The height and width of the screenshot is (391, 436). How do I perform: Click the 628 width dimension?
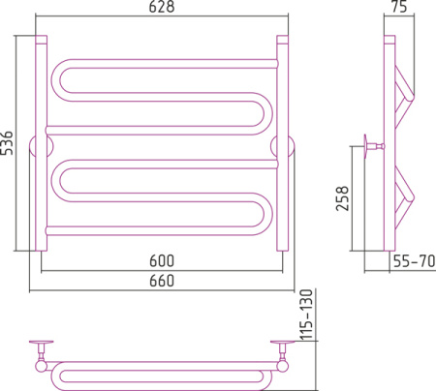(x=162, y=7)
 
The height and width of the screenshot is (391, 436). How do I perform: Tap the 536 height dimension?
(x=7, y=143)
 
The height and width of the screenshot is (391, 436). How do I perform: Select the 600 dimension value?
(x=162, y=260)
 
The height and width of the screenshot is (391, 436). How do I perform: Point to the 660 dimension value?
(x=162, y=281)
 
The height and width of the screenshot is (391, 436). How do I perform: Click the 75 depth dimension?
(x=399, y=7)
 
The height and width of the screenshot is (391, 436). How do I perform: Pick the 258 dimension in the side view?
(x=343, y=198)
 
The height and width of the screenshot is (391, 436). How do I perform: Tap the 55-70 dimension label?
(x=414, y=260)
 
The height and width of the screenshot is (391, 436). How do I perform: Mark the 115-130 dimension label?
(x=307, y=315)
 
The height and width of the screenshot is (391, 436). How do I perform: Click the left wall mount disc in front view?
(x=41, y=146)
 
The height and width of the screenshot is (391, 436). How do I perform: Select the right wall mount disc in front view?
(x=283, y=146)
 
